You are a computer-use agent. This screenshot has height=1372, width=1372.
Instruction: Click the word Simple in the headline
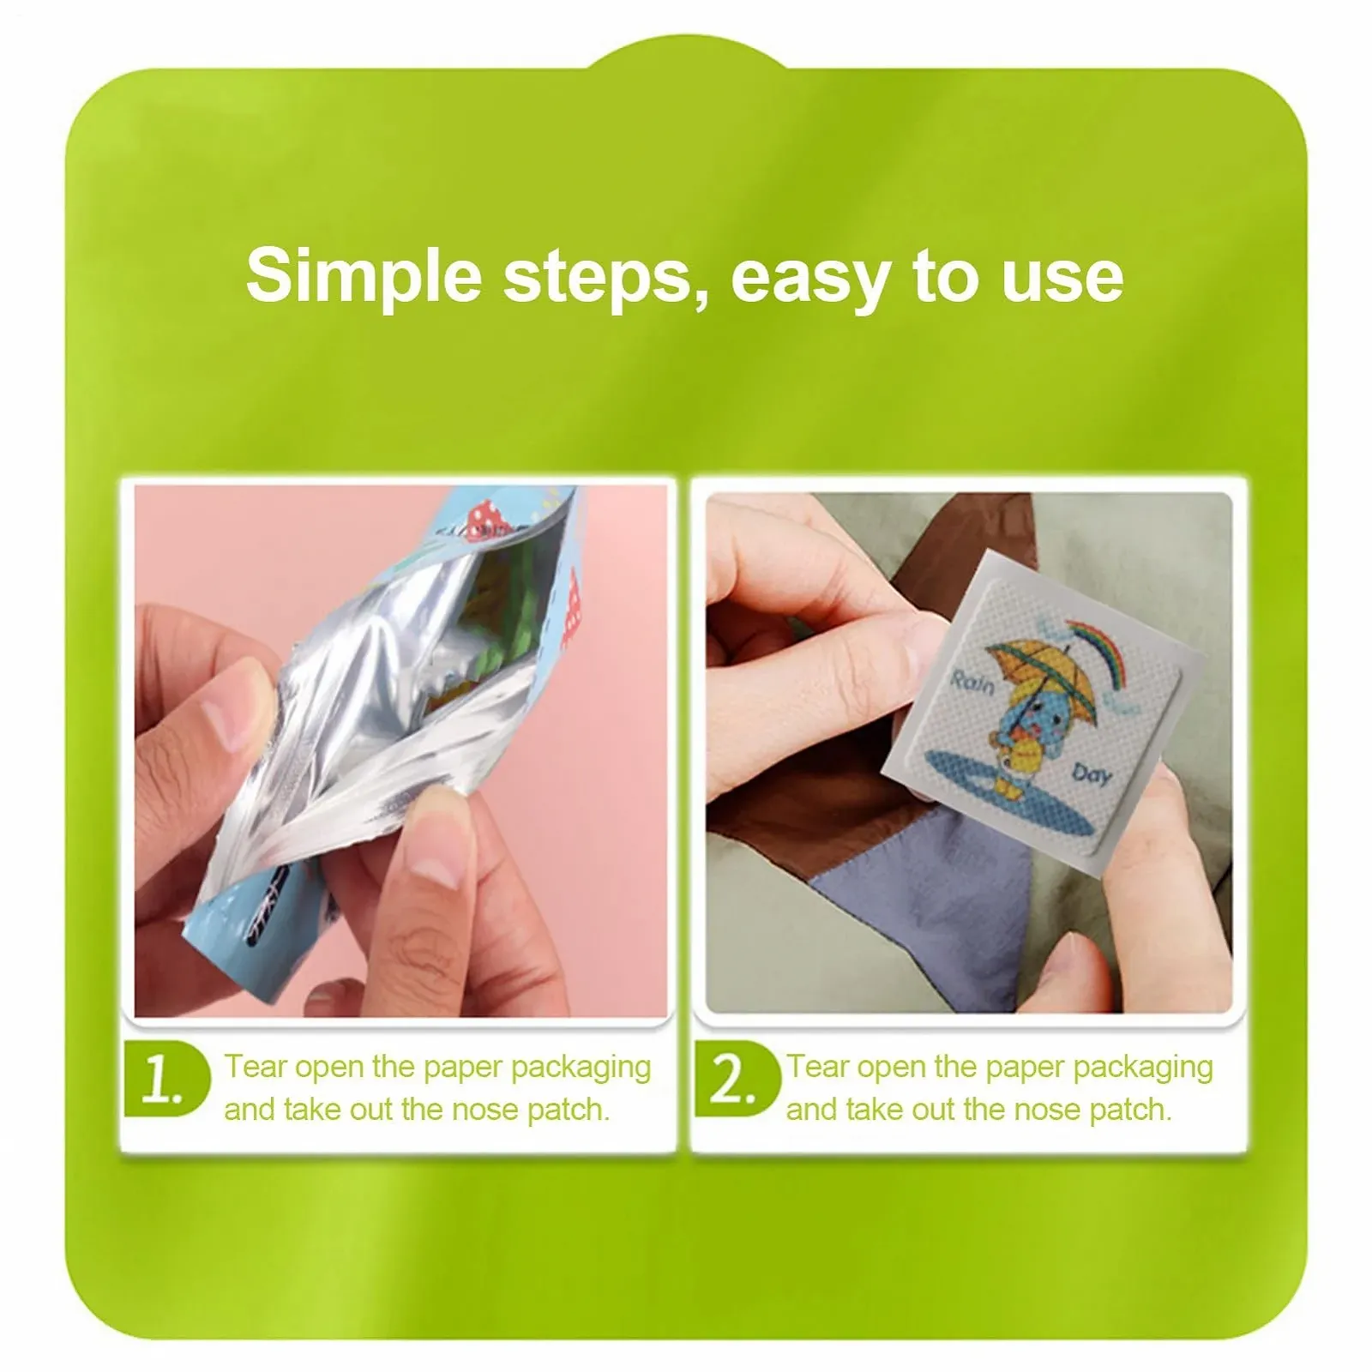pos(364,277)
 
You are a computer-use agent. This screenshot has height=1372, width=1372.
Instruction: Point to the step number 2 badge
pos(735,1080)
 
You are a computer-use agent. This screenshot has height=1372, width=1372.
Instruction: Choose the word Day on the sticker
pos(1092,775)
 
